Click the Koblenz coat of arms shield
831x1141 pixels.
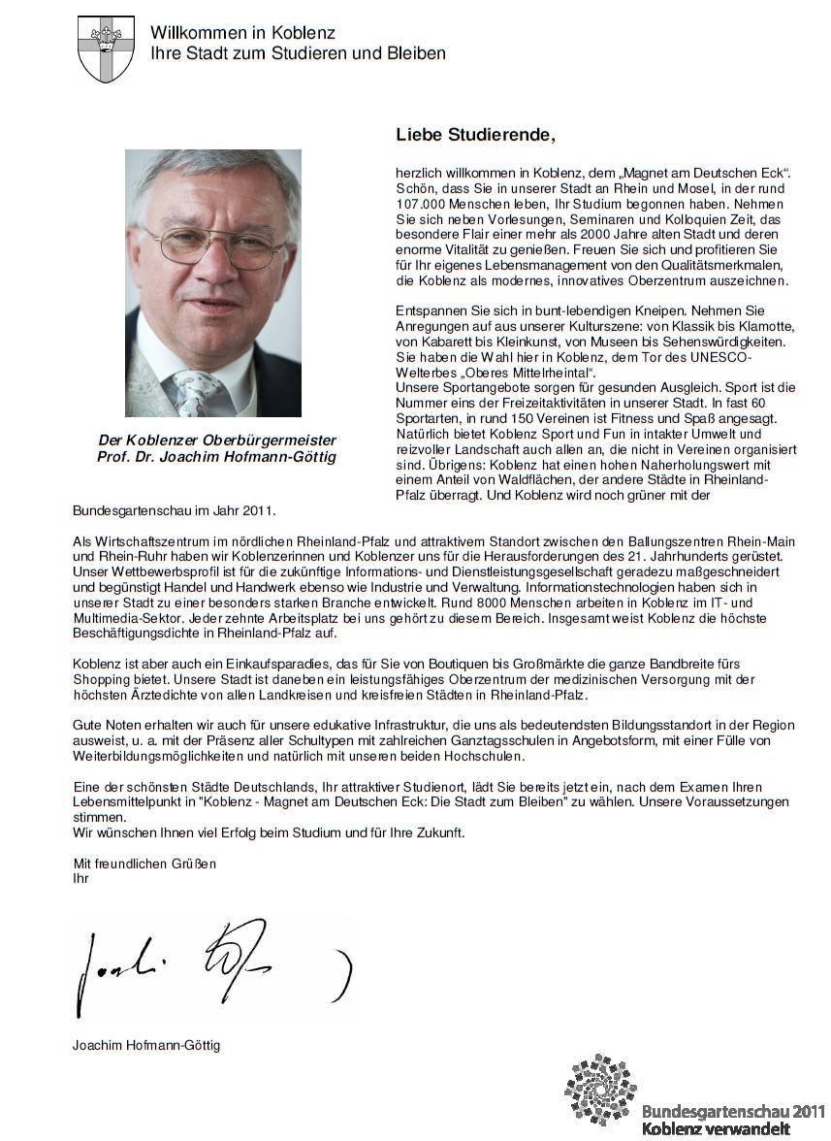106,48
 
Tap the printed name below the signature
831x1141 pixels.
145,1046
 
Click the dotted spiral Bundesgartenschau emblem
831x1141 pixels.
600,1089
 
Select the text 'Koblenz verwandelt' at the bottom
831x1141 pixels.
716,1128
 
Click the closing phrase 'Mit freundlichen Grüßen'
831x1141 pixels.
145,863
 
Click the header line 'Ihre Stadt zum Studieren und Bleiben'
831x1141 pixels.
298,53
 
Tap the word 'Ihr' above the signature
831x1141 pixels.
80,878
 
